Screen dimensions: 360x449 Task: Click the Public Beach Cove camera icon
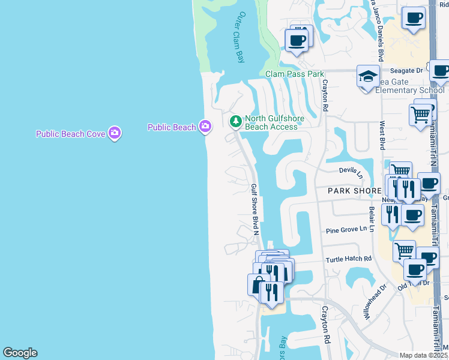(115, 133)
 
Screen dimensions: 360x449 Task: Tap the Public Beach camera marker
(206, 126)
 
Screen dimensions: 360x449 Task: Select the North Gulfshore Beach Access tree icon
(236, 122)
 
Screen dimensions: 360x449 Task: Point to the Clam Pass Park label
(295, 74)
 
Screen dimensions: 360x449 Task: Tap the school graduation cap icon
(367, 77)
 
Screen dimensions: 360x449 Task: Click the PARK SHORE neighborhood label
(355, 190)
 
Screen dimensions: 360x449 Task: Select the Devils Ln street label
(351, 172)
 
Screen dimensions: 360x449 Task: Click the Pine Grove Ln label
(346, 230)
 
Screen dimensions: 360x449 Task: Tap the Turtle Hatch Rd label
(349, 259)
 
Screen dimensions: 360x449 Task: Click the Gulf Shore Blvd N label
(255, 209)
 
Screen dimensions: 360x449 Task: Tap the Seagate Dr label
(407, 70)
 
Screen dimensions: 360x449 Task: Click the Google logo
(20, 353)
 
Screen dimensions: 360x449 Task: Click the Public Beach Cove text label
(71, 134)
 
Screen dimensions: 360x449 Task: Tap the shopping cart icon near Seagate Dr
(420, 113)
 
